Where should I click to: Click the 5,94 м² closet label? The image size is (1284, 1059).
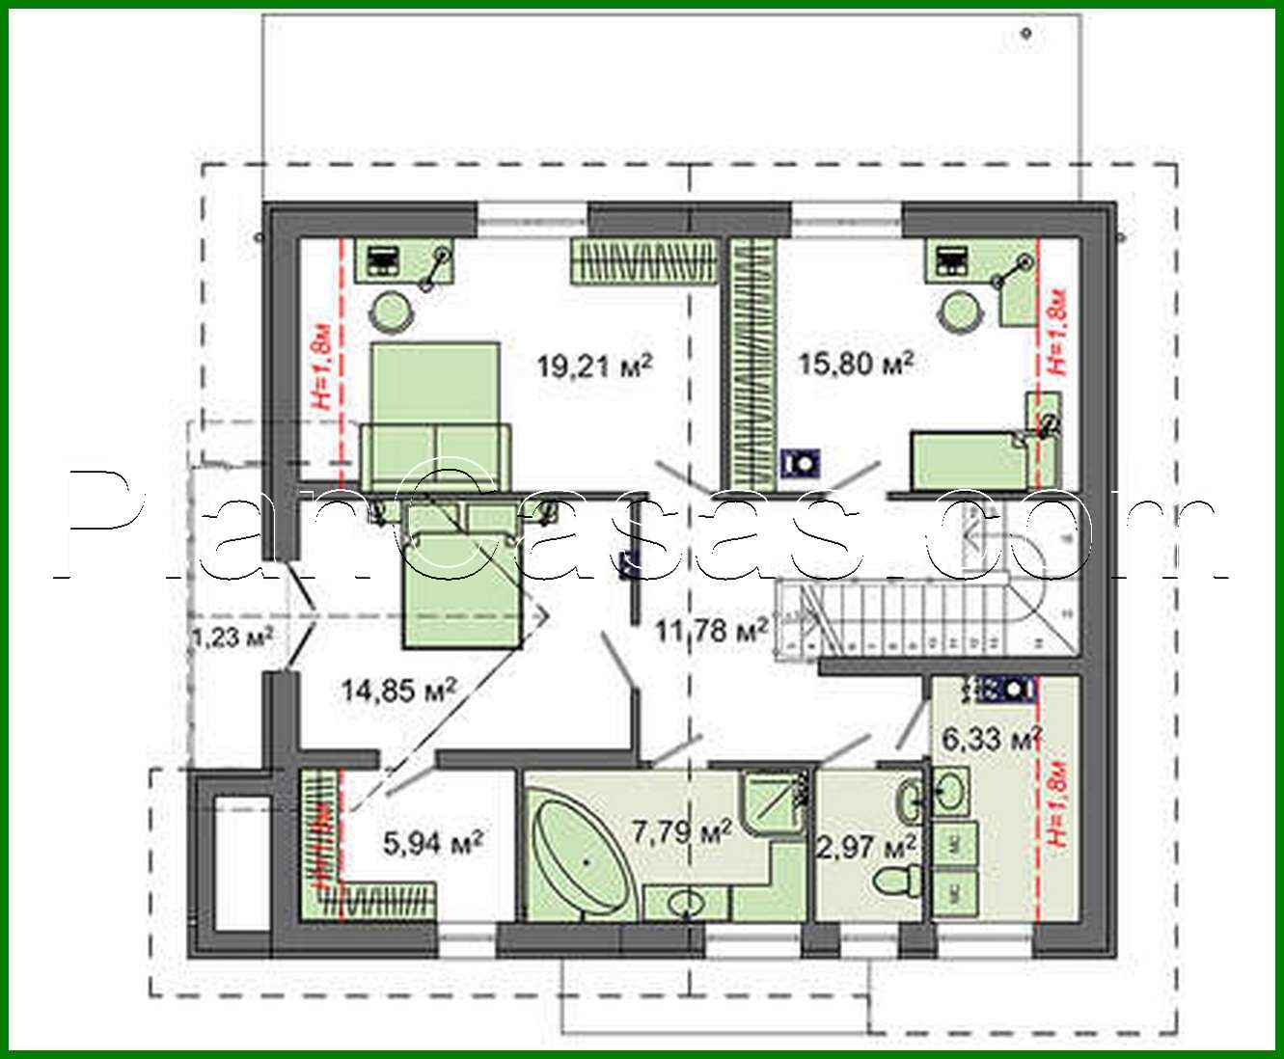[x=433, y=843]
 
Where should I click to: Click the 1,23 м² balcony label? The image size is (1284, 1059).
[x=232, y=637]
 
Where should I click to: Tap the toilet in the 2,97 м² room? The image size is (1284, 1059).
[x=896, y=880]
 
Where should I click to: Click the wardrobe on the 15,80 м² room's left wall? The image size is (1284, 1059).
[x=752, y=362]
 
